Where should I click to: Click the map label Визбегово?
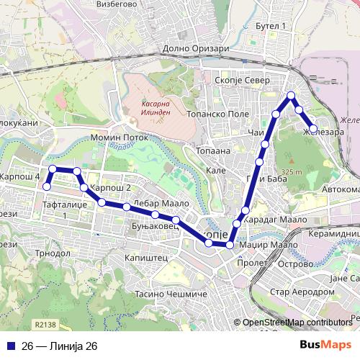(117, 4)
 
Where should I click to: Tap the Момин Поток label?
(119, 137)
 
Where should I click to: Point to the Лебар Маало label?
(156, 203)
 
